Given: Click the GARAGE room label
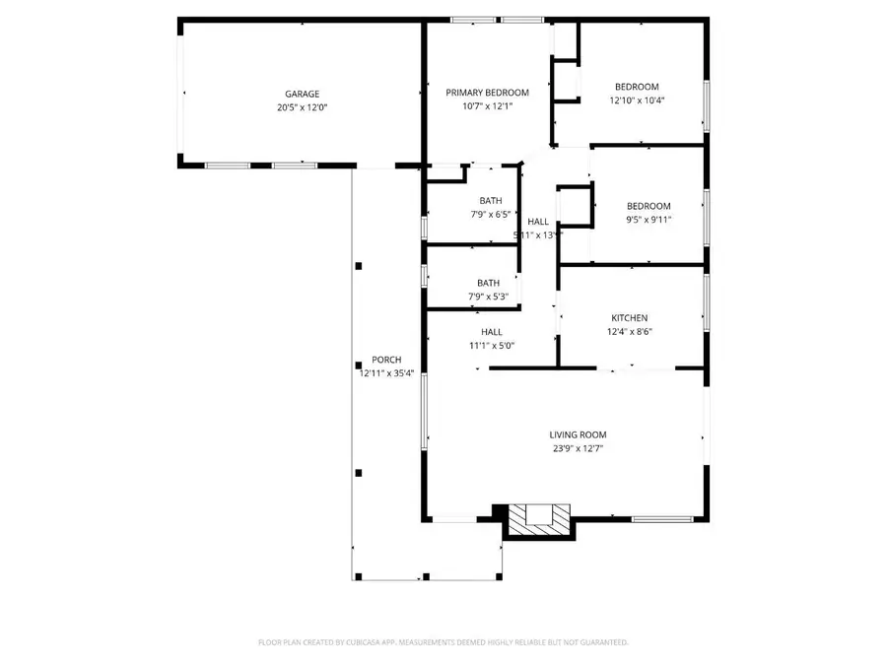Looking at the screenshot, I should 303,95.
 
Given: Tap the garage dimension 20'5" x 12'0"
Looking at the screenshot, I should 303,107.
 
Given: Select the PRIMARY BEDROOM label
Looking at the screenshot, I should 480,93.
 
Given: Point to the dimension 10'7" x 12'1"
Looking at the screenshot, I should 480,106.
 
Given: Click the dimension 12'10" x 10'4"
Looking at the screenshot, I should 637,100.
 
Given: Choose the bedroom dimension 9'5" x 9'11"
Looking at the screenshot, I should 648,220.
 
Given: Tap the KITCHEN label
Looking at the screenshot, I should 630,318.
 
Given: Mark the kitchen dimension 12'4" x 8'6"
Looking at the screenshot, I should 630,332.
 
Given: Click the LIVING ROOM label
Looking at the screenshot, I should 578,434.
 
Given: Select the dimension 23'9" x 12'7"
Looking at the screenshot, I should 578,448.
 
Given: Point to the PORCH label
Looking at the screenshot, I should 386,360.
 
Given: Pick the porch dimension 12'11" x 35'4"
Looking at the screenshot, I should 386,373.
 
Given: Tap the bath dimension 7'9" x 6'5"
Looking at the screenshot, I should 489,214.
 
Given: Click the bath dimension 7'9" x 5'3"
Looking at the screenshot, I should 489,296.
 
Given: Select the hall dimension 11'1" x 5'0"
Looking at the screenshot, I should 492,346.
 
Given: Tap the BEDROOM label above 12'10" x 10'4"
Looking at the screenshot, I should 637,87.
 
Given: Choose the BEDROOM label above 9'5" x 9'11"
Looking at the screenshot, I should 648,206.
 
